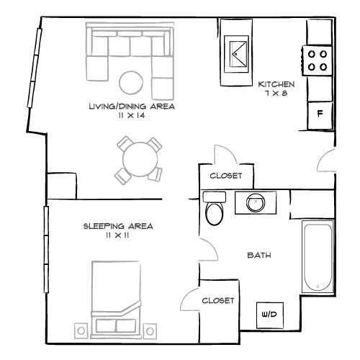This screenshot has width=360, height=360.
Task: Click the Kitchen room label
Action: [x=276, y=84]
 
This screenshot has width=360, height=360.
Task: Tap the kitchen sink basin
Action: [x=236, y=54]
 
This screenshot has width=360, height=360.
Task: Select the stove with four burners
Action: [x=318, y=60]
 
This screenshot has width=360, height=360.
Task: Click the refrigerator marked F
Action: [x=320, y=115]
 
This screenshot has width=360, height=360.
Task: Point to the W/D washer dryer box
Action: [x=270, y=315]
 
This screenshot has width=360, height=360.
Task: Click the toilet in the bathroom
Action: [x=215, y=208]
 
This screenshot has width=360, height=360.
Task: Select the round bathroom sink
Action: [x=256, y=203]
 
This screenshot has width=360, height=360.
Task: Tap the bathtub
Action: [x=318, y=256]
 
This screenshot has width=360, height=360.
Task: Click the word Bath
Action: [x=259, y=255]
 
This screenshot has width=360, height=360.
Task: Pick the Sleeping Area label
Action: [x=118, y=226]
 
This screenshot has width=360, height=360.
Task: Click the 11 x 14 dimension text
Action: [x=132, y=116]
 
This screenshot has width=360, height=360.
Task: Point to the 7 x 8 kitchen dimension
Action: [x=276, y=94]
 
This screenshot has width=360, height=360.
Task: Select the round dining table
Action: [x=140, y=160]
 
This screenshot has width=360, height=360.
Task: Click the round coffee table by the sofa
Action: [x=131, y=83]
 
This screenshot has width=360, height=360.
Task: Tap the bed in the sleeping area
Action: [x=116, y=300]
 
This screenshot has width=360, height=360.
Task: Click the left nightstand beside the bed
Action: [x=81, y=331]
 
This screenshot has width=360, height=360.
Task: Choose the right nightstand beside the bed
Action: [x=150, y=331]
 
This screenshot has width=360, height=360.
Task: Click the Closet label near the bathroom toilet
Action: [x=226, y=176]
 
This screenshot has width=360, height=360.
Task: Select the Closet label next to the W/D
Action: [x=218, y=301]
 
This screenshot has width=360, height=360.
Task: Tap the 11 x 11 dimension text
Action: [x=117, y=235]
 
